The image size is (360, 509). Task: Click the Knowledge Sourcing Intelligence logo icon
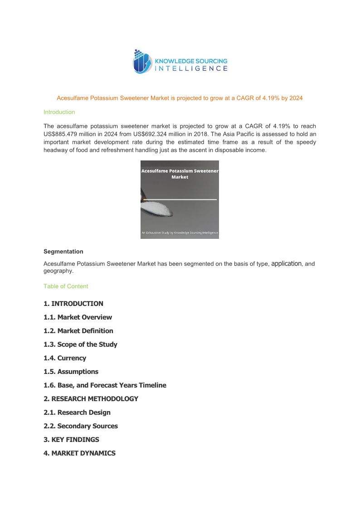(141, 62)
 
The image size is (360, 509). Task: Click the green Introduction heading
(59, 112)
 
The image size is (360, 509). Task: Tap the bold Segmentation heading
(63, 252)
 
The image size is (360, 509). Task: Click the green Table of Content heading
(66, 286)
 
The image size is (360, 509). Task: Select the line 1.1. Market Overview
(78, 317)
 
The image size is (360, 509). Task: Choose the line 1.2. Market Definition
(78, 331)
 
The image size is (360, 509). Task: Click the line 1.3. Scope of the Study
(80, 344)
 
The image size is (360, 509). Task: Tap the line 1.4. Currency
(64, 358)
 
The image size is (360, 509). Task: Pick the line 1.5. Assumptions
(71, 372)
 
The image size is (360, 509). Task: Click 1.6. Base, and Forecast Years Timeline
(105, 385)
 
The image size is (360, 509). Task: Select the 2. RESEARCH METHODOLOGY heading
(91, 399)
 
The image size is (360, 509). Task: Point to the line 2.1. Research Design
(77, 412)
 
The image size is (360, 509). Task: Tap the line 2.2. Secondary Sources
(80, 426)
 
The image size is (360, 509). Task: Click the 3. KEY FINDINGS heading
(71, 440)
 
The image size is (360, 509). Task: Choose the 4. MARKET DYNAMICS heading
(79, 453)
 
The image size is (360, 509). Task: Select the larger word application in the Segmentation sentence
(286, 263)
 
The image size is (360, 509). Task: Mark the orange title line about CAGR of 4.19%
(180, 98)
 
